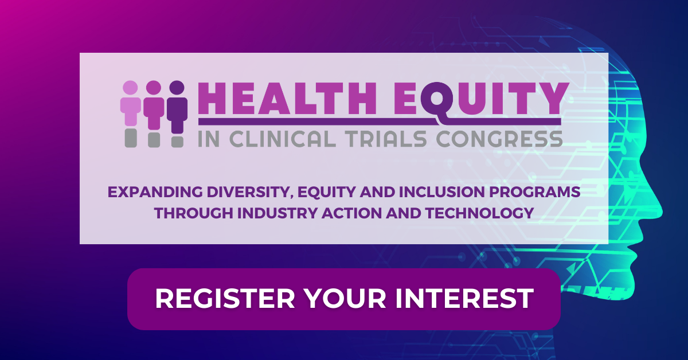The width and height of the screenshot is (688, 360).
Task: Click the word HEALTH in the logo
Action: coord(287,99)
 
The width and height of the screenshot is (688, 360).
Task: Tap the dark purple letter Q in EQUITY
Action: coord(437,99)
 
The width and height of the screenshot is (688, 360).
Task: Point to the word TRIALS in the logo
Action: coord(385,139)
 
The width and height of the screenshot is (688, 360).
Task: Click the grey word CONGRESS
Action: coord(499,139)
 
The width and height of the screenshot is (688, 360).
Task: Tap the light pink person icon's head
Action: coord(130,88)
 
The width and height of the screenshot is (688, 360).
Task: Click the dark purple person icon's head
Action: coord(177,88)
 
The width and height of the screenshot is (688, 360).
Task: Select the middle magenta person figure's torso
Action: coord(154,113)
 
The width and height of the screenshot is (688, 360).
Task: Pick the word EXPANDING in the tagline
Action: coord(155,192)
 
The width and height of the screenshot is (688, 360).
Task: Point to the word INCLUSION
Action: coord(441,192)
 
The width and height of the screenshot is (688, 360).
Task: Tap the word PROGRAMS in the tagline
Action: coord(535,192)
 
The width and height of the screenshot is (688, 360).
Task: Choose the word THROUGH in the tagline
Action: coord(194,213)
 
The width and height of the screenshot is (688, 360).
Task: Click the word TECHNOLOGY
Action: coord(480,213)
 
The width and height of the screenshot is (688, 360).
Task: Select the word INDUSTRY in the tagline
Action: coord(277,213)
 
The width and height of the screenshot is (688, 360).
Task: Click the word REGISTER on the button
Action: coord(225,298)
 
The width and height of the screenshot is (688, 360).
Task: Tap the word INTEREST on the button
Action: coord(464,298)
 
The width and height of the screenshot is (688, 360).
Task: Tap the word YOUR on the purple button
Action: coord(345,298)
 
